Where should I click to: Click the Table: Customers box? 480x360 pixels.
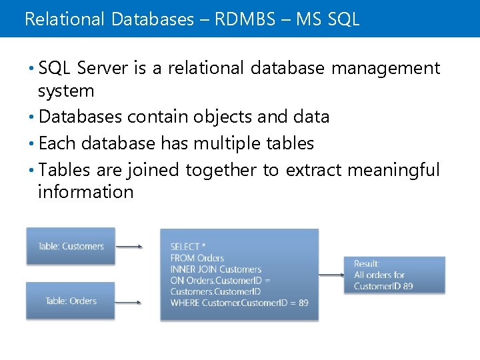(71, 246)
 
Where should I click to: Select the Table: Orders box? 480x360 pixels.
(71, 301)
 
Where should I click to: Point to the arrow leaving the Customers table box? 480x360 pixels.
(130, 247)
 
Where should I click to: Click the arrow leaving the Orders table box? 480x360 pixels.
(130, 302)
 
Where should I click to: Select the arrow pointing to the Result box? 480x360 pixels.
(331, 275)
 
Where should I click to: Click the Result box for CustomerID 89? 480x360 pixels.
(394, 275)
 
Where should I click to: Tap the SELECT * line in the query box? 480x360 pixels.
(188, 247)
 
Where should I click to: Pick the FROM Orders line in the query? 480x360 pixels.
(197, 258)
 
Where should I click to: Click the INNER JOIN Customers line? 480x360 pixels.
(216, 269)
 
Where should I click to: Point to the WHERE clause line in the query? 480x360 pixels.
(239, 303)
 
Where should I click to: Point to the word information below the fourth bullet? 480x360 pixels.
(85, 193)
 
